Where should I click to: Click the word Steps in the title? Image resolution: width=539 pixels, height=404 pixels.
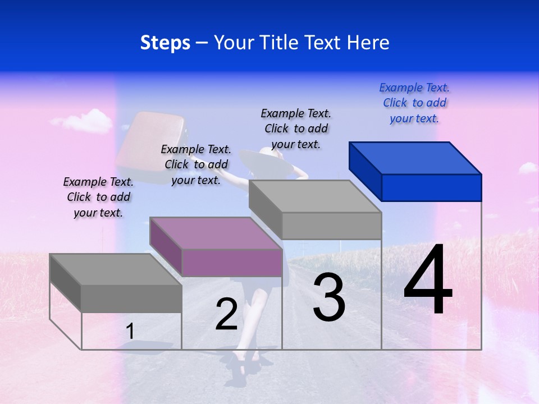pos(165,43)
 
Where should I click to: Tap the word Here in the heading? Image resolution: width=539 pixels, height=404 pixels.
pos(368,43)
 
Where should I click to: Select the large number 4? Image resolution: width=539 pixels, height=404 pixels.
pos(428,281)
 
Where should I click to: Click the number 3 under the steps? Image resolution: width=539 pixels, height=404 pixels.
pos(329,297)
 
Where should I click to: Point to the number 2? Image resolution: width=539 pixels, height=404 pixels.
pos(226,314)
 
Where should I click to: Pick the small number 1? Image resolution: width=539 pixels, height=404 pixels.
pos(130,332)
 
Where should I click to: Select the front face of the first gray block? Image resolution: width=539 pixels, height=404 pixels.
pos(131,298)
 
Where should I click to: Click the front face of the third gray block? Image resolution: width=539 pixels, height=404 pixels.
pos(331,226)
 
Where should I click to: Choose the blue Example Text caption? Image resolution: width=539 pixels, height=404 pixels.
pos(414,103)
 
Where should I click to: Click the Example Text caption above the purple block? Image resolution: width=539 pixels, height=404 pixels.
pos(196,164)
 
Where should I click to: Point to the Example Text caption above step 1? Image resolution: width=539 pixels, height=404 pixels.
pos(98,197)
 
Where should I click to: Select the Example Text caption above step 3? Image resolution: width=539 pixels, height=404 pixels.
pos(296,128)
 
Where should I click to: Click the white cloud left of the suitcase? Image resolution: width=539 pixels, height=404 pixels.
pos(83,121)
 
